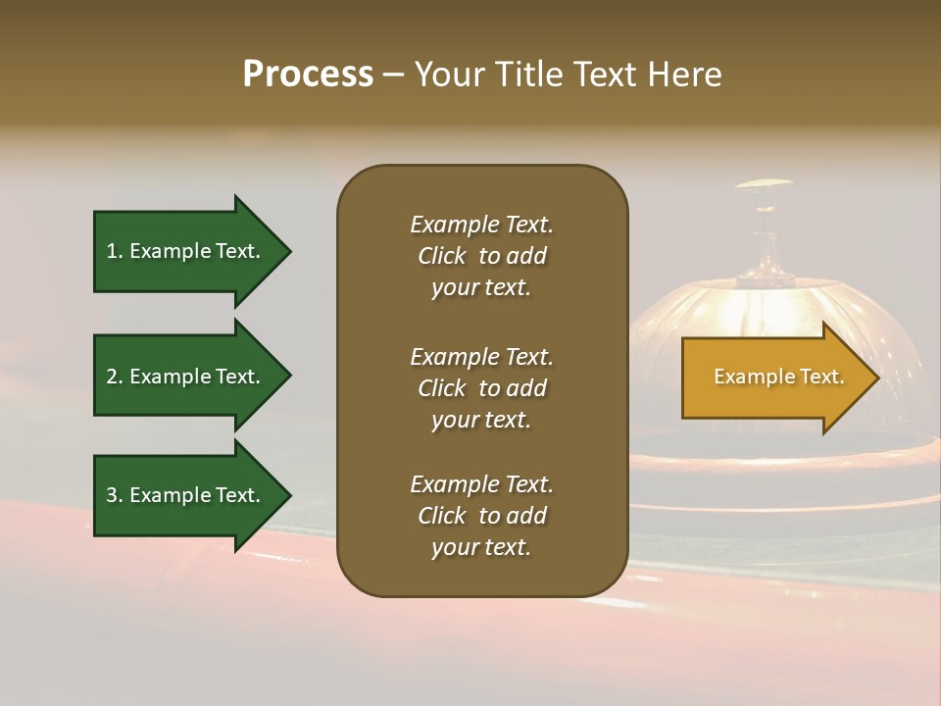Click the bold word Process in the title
pos(308,75)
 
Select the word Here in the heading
pos(680,75)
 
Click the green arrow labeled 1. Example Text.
pos(186,251)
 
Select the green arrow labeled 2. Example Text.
pos(186,377)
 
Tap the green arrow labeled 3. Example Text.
pos(186,495)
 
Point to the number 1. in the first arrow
pos(115,251)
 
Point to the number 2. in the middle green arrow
pos(115,377)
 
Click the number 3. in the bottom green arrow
pos(115,495)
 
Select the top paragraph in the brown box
pos(481,256)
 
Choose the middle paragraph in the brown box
pos(481,388)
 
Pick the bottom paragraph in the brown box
pos(481,516)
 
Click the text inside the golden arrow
pos(778,378)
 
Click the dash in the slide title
pos(394,76)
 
